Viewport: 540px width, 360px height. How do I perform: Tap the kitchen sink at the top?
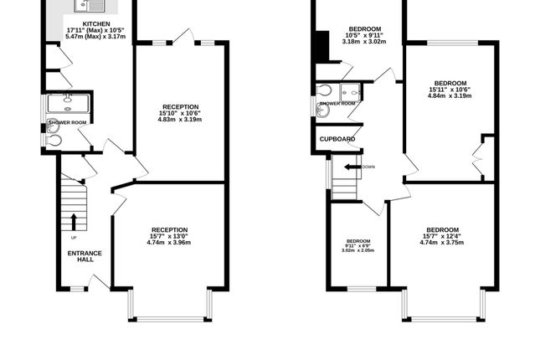(x=85, y=7)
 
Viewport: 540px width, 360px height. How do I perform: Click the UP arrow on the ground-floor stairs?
(x=74, y=221)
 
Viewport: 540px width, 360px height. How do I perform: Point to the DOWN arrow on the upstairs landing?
(x=345, y=167)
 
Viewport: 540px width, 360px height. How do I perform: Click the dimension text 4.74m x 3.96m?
(x=169, y=243)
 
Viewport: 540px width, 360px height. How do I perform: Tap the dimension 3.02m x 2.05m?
(x=358, y=250)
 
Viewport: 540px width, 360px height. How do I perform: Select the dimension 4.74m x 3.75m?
(x=441, y=243)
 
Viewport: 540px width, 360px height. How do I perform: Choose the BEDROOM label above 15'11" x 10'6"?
(x=450, y=83)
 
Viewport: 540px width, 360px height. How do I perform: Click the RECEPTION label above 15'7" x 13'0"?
(x=169, y=229)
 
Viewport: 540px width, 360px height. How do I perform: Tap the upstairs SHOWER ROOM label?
(x=337, y=104)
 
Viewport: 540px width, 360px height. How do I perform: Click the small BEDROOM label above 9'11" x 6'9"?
(x=358, y=240)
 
